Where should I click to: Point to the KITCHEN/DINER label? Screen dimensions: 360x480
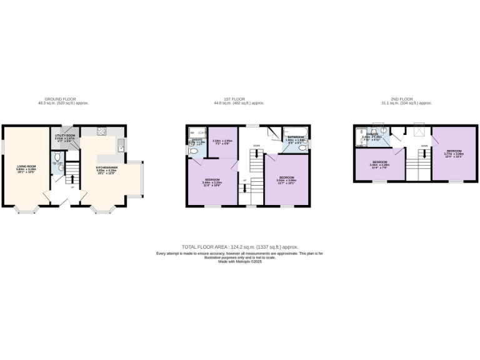coord(106,168)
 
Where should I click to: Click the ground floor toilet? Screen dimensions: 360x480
coord(57,167)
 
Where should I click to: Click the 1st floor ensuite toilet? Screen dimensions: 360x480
coord(193,151)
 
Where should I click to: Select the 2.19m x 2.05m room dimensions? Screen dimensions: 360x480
coord(222,142)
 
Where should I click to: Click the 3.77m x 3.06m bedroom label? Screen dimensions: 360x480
coord(452,152)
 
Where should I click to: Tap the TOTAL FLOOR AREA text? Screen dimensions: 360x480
coord(240,247)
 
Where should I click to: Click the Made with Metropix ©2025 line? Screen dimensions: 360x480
coord(240,261)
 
